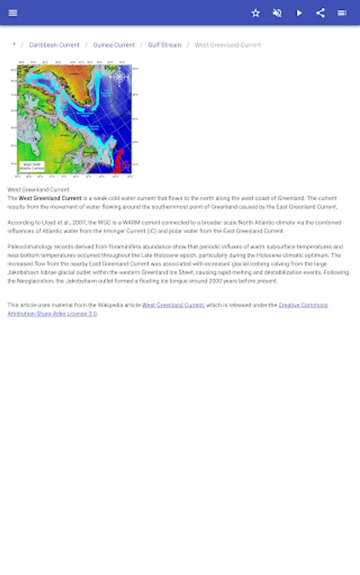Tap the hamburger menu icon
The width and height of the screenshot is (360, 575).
coord(13,13)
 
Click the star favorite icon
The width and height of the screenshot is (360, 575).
coord(256,13)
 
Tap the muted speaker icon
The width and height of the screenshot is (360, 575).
coord(278,13)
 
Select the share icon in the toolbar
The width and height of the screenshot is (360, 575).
coord(320,13)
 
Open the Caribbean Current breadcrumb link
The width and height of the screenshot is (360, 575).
coord(54,45)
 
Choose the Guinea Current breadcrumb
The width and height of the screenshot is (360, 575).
coord(114,45)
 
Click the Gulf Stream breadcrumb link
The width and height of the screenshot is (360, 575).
coord(164,45)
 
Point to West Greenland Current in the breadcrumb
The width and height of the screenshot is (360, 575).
coord(228,45)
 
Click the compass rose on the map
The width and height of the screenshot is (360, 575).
coord(120,78)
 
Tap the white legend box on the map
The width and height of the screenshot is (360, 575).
coord(31,166)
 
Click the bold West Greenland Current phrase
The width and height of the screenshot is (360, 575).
coord(51,199)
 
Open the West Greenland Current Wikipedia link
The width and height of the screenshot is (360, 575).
coord(173,305)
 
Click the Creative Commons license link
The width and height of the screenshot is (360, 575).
coord(303,305)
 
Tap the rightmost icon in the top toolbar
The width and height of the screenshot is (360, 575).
coord(342,13)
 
